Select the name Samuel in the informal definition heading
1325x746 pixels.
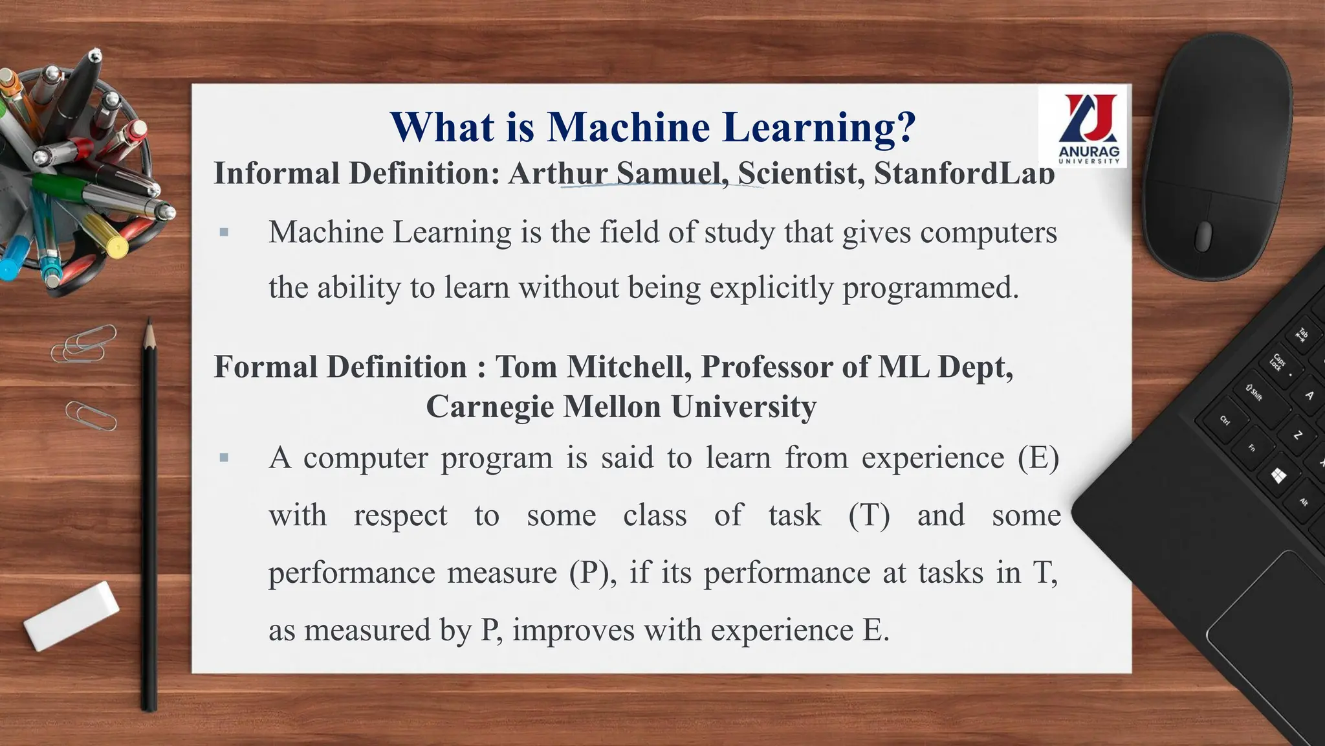pyautogui.click(x=668, y=173)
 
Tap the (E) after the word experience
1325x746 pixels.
pyautogui.click(x=1038, y=458)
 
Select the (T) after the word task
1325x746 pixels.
pyautogui.click(x=869, y=515)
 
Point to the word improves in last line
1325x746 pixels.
pyautogui.click(x=573, y=630)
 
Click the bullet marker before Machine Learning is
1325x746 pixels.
pyautogui.click(x=224, y=232)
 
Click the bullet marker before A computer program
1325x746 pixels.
pyautogui.click(x=224, y=458)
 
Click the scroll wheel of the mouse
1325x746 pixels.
pyautogui.click(x=1203, y=235)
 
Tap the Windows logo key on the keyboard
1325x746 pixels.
pyautogui.click(x=1278, y=477)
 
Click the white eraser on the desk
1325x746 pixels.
pyautogui.click(x=71, y=615)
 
